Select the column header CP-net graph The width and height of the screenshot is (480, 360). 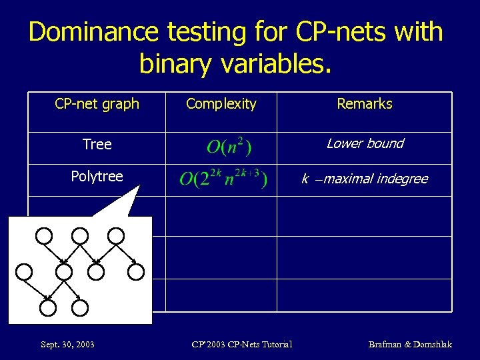point(97,104)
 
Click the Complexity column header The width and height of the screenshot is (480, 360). point(221,104)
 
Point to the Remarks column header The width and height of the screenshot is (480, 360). point(365,104)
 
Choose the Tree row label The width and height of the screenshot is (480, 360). point(97,144)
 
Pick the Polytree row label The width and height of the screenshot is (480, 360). point(97,177)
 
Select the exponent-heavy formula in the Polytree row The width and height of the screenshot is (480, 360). point(223,179)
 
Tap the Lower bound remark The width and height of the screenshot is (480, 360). point(365,144)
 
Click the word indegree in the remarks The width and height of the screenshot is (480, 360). point(400,179)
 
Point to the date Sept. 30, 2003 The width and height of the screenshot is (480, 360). point(67,344)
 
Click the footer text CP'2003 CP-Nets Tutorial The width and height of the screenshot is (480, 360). point(241,344)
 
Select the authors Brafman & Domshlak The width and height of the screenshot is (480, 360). point(410,344)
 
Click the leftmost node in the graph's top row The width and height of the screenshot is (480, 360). point(44,235)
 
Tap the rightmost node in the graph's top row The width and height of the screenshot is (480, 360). point(116,235)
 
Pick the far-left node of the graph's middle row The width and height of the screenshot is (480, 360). point(24,271)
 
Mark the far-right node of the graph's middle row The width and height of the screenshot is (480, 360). point(136,271)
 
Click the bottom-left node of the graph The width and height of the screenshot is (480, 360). point(47,307)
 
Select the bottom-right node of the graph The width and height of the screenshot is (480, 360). point(79,307)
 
